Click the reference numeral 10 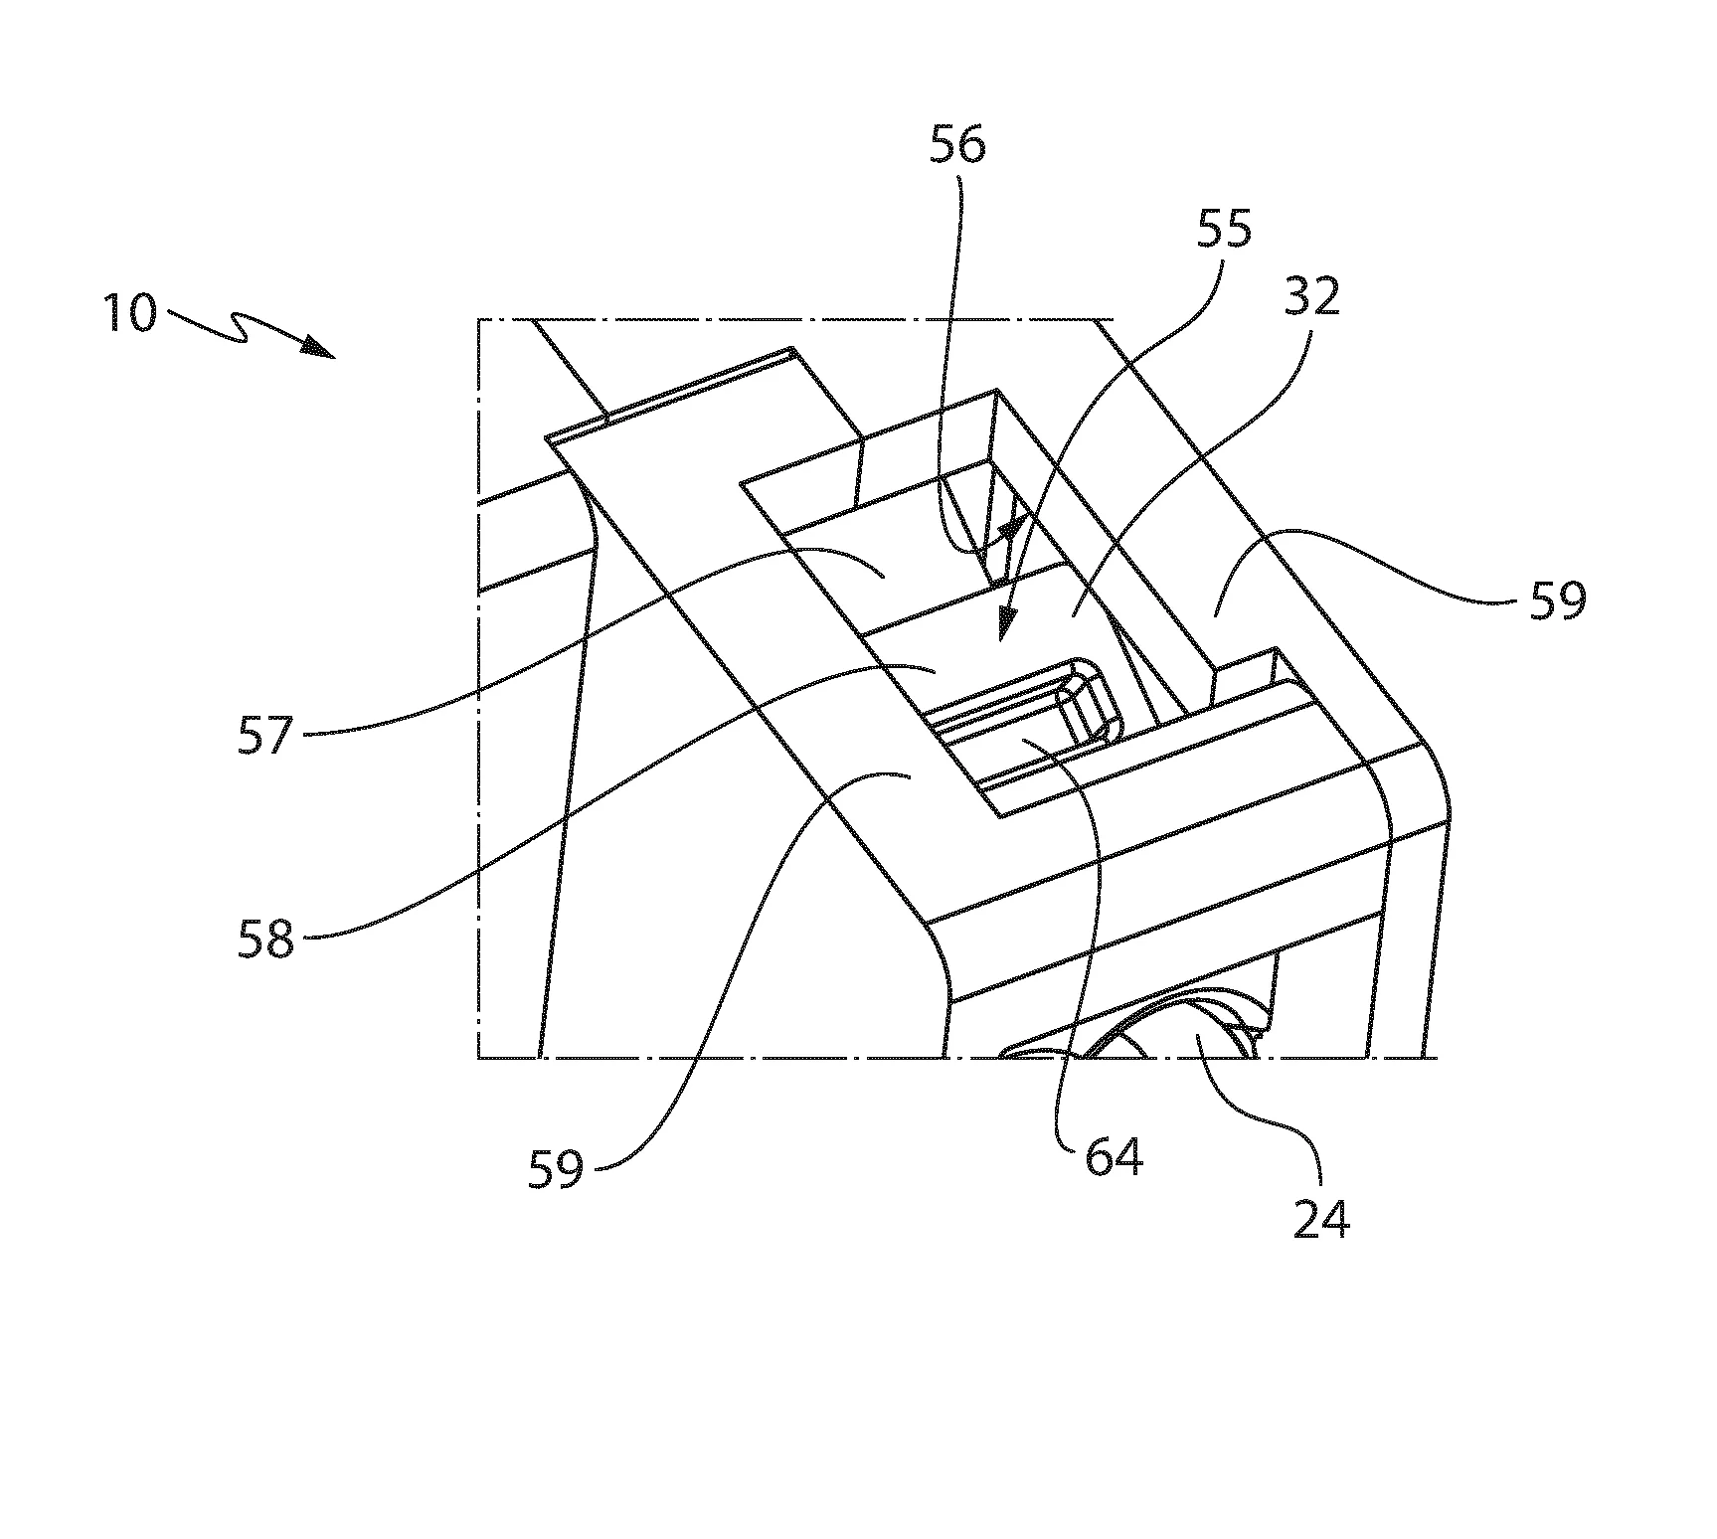(130, 314)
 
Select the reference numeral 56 (956, 146)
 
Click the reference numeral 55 (1224, 230)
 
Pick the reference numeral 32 (1311, 296)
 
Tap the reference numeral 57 (265, 737)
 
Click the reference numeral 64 (1114, 1157)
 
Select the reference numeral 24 (1321, 1219)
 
